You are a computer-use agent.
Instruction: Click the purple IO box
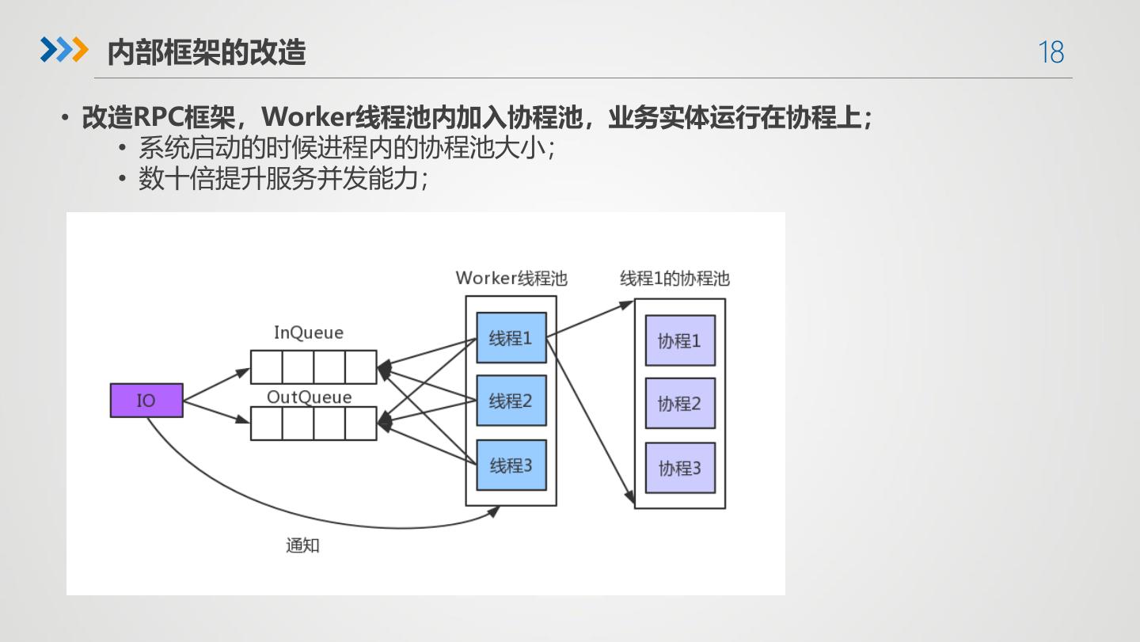coord(146,401)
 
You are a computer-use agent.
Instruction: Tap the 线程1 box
coord(511,338)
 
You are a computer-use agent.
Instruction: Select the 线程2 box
coord(511,401)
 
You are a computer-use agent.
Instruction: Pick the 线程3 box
coord(511,465)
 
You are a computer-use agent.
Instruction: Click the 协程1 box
coord(680,340)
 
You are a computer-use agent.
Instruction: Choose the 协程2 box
coord(680,403)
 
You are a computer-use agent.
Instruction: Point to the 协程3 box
coord(680,468)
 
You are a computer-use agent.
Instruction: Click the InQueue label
coord(309,332)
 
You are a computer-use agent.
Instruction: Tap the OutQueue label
coord(309,397)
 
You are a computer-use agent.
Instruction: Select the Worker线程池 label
coord(511,279)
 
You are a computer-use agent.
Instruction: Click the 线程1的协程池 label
coord(674,279)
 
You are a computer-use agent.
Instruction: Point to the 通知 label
coord(302,545)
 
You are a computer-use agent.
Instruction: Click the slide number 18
coord(1051,52)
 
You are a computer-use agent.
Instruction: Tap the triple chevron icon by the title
coord(64,50)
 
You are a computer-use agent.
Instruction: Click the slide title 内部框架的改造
coord(206,52)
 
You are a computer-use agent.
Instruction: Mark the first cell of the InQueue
coord(267,367)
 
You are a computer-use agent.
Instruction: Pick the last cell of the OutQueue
coord(361,424)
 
